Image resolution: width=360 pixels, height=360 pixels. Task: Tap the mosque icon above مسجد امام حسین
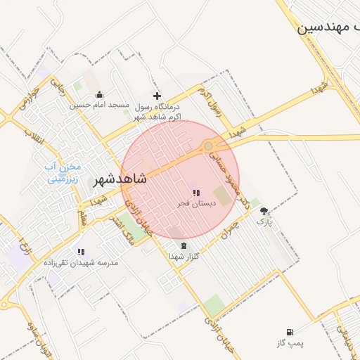point(99,95)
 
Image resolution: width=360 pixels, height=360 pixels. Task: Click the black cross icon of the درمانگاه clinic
point(157,96)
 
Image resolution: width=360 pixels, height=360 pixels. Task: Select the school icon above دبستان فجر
point(195,192)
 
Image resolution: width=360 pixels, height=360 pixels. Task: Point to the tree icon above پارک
point(264,211)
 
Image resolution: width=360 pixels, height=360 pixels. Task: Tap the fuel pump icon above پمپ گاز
point(290,332)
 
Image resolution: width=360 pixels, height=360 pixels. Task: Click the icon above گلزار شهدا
point(184,245)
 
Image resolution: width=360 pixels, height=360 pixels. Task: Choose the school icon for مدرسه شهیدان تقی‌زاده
point(81,251)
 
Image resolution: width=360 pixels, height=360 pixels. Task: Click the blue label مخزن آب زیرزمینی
point(64,173)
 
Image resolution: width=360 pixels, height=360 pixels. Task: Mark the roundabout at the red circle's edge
point(209,146)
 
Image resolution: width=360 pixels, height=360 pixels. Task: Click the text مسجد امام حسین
point(100,105)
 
